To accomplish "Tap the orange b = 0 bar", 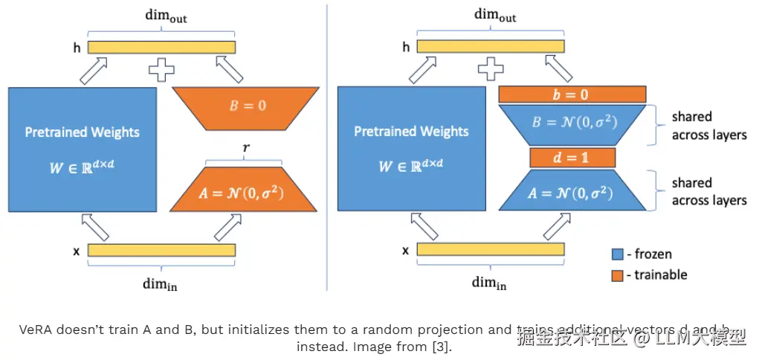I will coord(571,94).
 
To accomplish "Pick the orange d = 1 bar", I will coord(572,158).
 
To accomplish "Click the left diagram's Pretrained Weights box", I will coord(82,149).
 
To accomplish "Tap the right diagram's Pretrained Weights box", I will coord(411,149).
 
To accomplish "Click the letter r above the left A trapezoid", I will coord(246,150).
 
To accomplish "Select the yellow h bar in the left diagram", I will coord(161,48).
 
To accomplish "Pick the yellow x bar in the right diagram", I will coord(490,250).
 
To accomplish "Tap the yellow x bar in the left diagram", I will coord(161,250).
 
